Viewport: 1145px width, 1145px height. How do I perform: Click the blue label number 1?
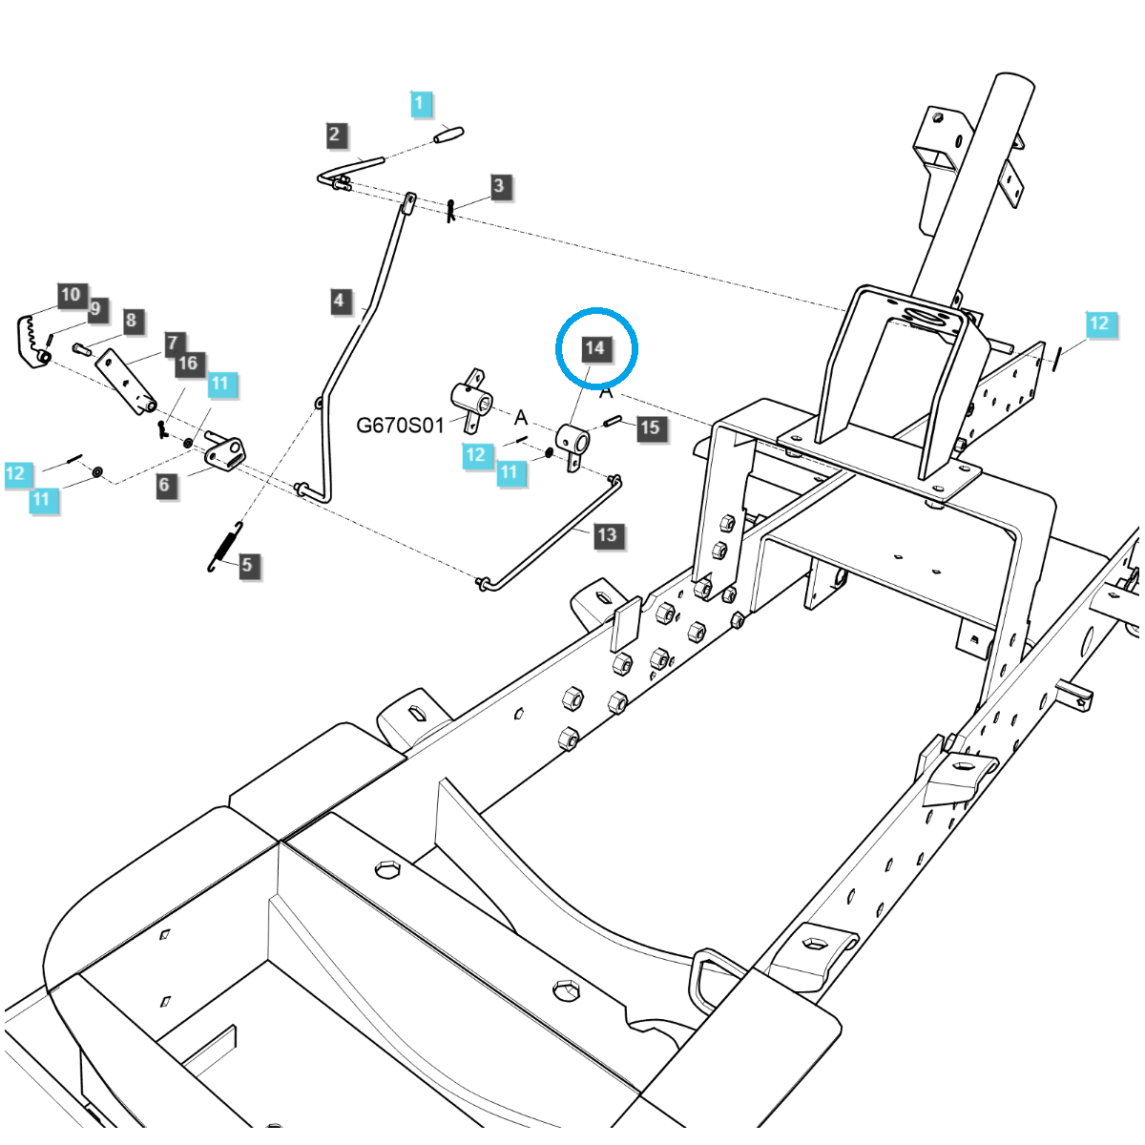point(422,103)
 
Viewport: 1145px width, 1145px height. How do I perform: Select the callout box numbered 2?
point(334,135)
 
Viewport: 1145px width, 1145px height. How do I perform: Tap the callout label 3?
point(500,185)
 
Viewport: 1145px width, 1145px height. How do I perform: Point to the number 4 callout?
point(339,302)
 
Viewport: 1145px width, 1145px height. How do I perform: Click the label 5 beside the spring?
point(247,565)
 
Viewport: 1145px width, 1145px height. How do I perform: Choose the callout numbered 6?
point(165,485)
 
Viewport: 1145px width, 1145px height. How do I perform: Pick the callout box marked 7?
point(173,343)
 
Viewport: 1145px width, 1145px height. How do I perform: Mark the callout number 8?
point(132,322)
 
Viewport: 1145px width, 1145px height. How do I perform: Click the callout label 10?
point(71,295)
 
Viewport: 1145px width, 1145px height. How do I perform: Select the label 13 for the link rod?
point(607,534)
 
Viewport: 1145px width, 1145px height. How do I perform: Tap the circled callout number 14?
point(595,348)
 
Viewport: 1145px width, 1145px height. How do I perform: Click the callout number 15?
point(650,427)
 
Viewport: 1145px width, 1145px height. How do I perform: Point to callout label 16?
point(188,363)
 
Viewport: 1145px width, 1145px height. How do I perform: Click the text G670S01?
point(400,425)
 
